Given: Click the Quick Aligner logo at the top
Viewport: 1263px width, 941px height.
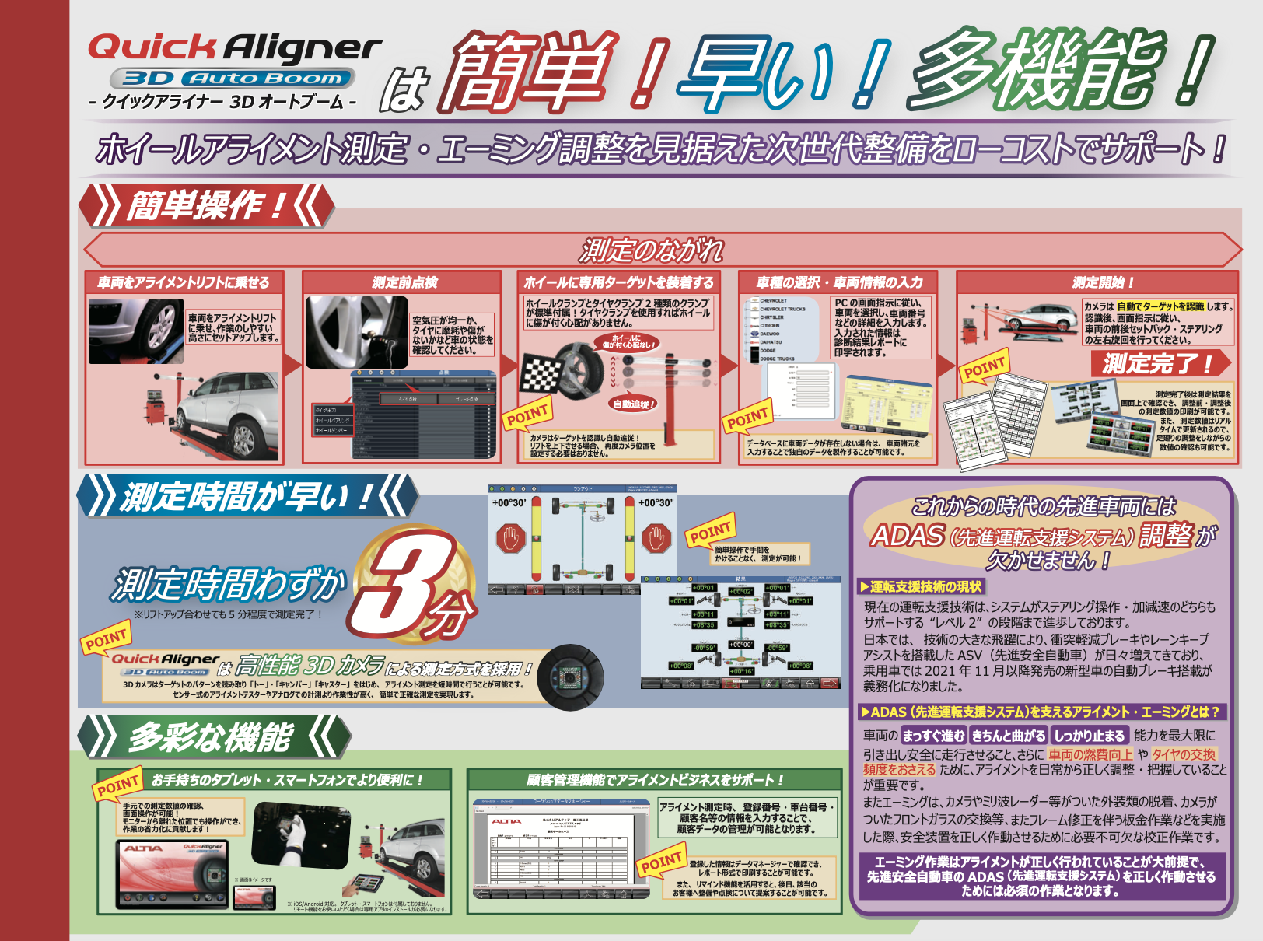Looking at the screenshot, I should (234, 48).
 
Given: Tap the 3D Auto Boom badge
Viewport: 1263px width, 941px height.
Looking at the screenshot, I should (233, 78).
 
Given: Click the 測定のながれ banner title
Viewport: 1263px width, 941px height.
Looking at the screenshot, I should (652, 250).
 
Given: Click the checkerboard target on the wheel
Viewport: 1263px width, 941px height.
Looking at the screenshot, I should (541, 374).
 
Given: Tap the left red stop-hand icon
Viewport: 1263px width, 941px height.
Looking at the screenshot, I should (511, 538).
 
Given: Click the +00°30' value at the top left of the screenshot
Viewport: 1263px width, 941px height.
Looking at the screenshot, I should (509, 503).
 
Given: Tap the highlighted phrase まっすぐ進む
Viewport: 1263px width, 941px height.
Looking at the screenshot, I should (933, 736).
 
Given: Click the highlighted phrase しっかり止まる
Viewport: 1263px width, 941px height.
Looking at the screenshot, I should (1090, 736).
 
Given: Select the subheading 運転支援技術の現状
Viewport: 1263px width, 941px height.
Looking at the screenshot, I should (925, 586).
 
